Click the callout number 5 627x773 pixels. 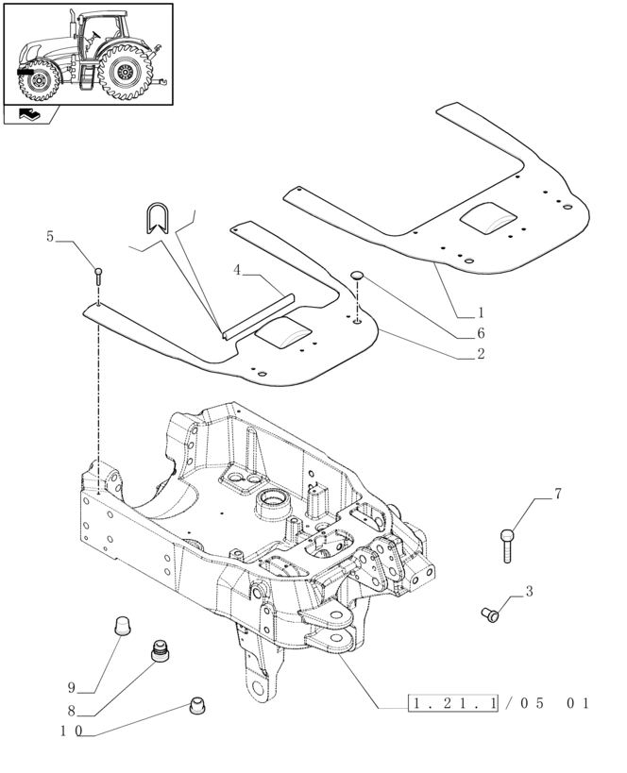pyautogui.click(x=50, y=237)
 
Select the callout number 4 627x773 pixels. pyautogui.click(x=238, y=270)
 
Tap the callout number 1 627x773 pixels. pyautogui.click(x=481, y=312)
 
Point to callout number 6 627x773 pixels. pyautogui.click(x=481, y=333)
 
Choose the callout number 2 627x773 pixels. pyautogui.click(x=481, y=355)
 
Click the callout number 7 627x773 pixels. pyautogui.click(x=557, y=494)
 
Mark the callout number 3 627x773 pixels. pyautogui.click(x=529, y=592)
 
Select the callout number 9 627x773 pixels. pyautogui.click(x=71, y=687)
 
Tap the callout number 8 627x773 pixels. pyautogui.click(x=71, y=710)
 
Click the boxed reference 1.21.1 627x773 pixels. pyautogui.click(x=453, y=704)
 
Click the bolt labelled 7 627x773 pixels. pyautogui.click(x=507, y=546)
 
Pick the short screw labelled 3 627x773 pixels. pyautogui.click(x=490, y=614)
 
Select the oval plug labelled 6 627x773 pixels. pyautogui.click(x=357, y=275)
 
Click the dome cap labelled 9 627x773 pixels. pyautogui.click(x=122, y=625)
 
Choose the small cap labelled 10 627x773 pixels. pyautogui.click(x=199, y=704)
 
